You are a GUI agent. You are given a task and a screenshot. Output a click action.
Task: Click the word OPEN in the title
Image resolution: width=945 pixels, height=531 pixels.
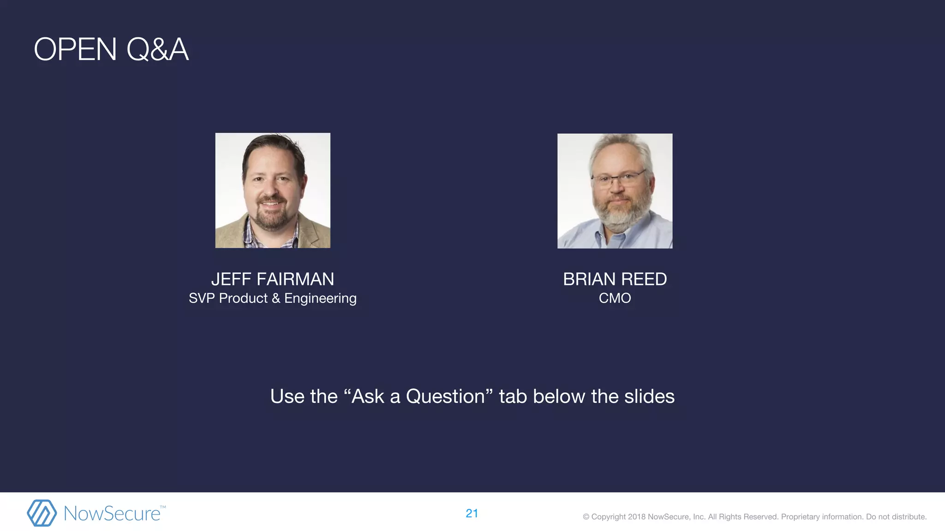(x=75, y=49)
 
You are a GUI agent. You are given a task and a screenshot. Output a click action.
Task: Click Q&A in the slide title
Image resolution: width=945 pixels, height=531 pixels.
(x=157, y=49)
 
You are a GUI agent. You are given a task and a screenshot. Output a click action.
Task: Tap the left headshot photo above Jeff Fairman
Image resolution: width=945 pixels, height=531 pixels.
(x=273, y=190)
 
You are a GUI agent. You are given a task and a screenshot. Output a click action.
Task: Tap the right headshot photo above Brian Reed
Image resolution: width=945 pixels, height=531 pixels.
(x=615, y=191)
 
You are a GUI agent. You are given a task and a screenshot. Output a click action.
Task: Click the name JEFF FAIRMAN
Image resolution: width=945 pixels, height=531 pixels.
(x=272, y=279)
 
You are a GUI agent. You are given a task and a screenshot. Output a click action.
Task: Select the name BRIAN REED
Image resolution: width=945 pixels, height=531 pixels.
(x=615, y=279)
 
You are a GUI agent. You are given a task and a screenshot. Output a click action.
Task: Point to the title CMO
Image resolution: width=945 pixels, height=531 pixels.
(x=615, y=298)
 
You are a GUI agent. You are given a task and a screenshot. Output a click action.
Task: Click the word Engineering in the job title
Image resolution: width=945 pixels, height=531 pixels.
(x=320, y=299)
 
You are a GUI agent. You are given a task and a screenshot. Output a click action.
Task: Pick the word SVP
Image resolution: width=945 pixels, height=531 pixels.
(x=202, y=298)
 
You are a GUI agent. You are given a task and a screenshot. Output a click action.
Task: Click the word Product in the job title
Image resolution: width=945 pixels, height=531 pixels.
(x=243, y=298)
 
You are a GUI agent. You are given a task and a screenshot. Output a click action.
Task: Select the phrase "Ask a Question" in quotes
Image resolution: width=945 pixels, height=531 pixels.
(x=419, y=396)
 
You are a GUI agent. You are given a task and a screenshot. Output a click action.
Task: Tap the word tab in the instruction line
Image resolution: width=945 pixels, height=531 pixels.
(x=513, y=396)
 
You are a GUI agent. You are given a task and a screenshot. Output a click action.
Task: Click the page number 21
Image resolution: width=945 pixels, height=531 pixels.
(x=472, y=513)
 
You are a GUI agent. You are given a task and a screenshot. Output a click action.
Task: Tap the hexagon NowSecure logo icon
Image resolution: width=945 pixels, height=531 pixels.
(x=42, y=513)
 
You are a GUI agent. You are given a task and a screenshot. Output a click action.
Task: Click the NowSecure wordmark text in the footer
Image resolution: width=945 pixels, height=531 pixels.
(x=112, y=513)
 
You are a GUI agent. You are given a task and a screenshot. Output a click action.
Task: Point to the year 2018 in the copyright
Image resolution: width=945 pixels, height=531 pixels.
(x=637, y=517)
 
